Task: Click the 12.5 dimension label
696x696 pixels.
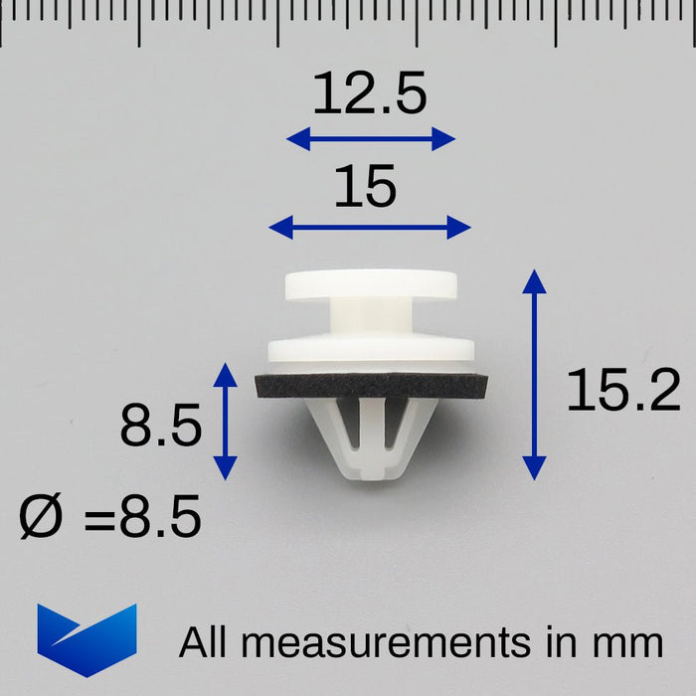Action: coord(370,92)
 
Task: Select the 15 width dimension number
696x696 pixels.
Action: coord(365,186)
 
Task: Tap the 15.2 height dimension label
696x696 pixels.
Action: coord(623,390)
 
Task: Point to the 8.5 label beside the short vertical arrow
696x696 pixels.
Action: coord(161,425)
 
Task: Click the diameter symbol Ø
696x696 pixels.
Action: coord(40,516)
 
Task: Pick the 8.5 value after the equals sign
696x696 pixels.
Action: coord(161,516)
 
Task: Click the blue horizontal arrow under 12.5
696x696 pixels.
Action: coord(371,139)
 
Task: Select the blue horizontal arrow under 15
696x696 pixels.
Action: coord(370,228)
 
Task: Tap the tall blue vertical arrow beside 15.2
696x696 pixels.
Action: coord(535,375)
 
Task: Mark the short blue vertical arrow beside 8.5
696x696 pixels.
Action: coord(226,422)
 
